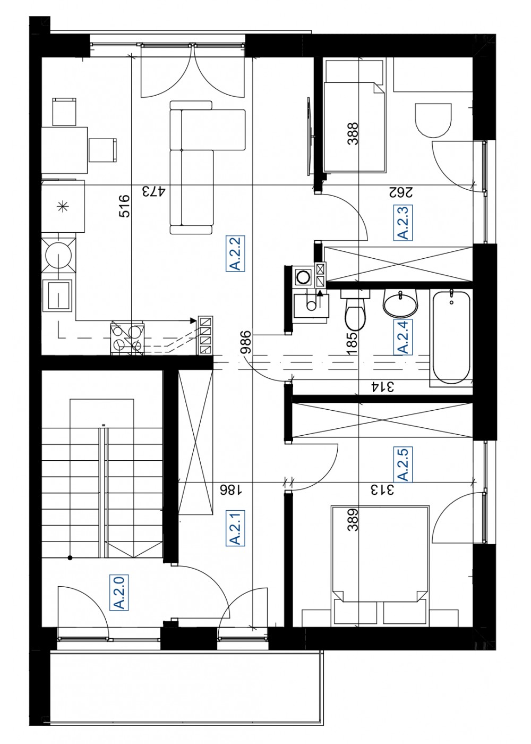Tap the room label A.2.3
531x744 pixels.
click(x=403, y=222)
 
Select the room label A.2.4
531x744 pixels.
click(x=403, y=336)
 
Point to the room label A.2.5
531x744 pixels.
click(x=403, y=464)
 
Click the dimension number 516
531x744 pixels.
click(x=124, y=206)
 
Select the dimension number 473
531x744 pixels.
click(x=153, y=192)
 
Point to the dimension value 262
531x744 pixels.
click(x=400, y=192)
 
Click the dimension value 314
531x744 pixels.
click(x=382, y=387)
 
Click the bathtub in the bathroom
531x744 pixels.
click(x=451, y=337)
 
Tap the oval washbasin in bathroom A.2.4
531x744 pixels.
click(x=400, y=303)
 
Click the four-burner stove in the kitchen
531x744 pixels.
click(x=127, y=338)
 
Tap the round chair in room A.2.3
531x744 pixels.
click(x=433, y=120)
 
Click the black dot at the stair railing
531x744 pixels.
click(x=70, y=558)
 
